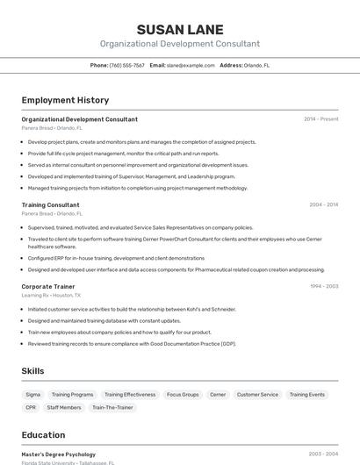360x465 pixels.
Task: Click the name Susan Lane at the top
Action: [180, 30]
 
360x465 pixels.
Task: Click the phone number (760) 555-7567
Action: [127, 65]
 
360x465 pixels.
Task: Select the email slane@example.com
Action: [191, 65]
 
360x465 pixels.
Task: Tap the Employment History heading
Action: [65, 100]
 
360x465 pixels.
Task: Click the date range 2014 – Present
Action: [320, 118]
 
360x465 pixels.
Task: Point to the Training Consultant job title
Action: [51, 204]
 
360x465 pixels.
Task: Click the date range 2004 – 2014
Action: [323, 204]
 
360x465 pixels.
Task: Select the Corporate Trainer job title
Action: [48, 286]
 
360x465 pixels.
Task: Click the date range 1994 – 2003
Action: [323, 286]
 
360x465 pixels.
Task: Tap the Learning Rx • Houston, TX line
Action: [51, 295]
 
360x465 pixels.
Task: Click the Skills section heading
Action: [32, 371]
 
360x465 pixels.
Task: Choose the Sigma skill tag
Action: [32, 395]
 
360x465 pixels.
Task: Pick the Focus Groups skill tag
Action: [183, 395]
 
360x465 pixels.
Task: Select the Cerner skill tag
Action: [218, 395]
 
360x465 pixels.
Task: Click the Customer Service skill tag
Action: [257, 395]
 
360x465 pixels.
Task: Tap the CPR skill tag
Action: [31, 407]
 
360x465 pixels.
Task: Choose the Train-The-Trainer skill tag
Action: [112, 407]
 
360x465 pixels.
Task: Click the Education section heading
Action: [43, 435]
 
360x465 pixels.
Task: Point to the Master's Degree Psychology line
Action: [59, 454]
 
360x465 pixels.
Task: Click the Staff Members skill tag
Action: [64, 407]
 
